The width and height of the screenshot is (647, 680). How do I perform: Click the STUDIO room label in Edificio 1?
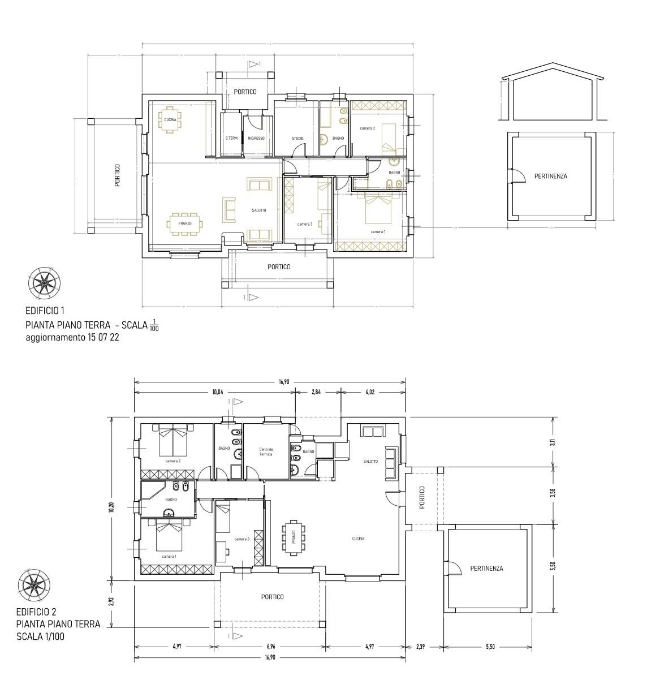(297, 139)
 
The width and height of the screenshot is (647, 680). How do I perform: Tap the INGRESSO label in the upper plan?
(256, 139)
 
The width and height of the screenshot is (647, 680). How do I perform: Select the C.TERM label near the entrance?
(231, 139)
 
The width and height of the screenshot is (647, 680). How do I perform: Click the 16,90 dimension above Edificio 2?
(284, 382)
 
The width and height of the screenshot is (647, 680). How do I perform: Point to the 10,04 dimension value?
(218, 392)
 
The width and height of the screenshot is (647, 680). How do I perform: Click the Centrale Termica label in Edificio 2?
(266, 451)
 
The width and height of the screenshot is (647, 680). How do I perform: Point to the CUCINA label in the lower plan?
(357, 539)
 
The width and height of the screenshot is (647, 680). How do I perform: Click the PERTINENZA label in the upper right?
(550, 177)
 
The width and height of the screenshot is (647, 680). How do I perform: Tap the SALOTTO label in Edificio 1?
(259, 210)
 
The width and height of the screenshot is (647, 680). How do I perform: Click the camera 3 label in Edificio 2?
(242, 539)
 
